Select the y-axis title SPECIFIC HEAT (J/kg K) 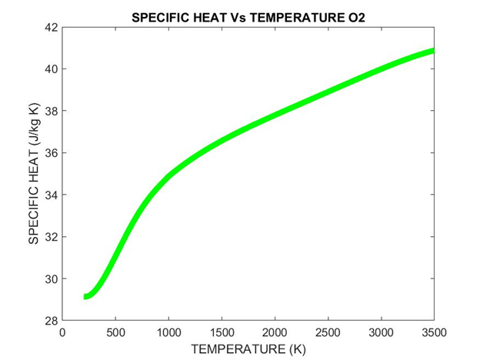33,174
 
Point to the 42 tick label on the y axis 51,27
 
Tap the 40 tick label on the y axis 51,69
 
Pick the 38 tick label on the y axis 51,111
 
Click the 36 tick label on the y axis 51,153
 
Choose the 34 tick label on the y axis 51,195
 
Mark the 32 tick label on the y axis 51,237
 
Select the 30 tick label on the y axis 51,278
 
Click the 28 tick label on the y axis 51,320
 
